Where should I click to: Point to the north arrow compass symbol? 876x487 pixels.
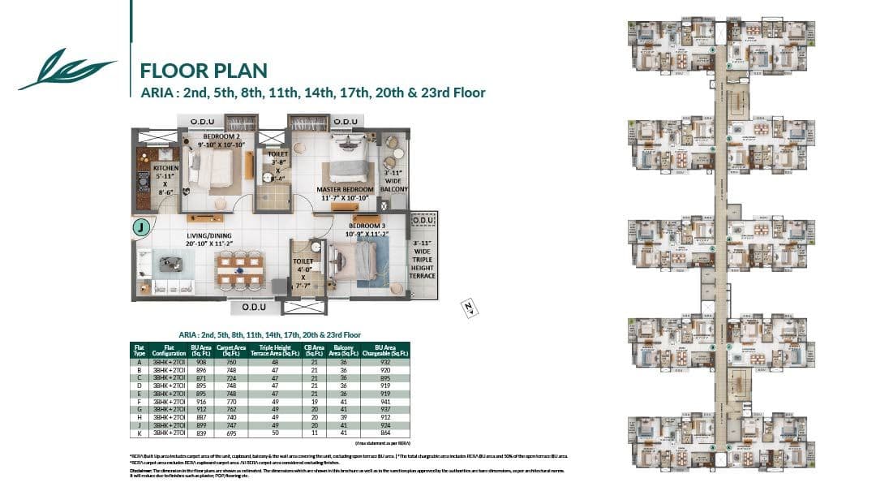(468, 306)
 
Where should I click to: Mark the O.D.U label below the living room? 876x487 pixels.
(255, 308)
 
